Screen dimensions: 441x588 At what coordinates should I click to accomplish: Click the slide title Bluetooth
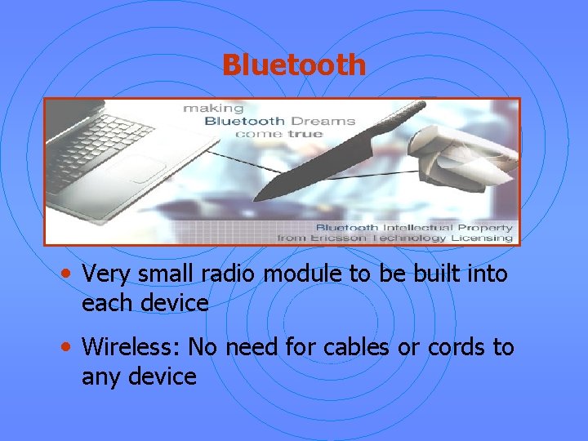click(x=294, y=65)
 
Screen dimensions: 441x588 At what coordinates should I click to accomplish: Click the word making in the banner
click(x=213, y=108)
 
